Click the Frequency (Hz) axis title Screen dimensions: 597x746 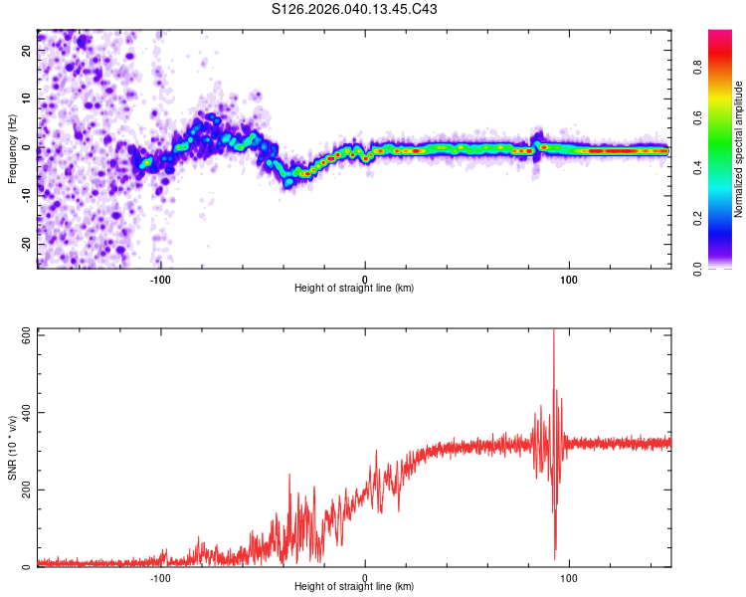point(11,148)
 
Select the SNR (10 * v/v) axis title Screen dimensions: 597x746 point(11,447)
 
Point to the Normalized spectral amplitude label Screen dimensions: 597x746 point(738,149)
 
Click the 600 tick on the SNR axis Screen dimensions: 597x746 point(25,335)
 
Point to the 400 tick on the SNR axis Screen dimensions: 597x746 point(25,412)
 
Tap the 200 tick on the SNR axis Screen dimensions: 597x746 point(25,490)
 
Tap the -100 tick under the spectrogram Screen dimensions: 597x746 point(160,279)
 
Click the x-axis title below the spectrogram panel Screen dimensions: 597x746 point(354,289)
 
